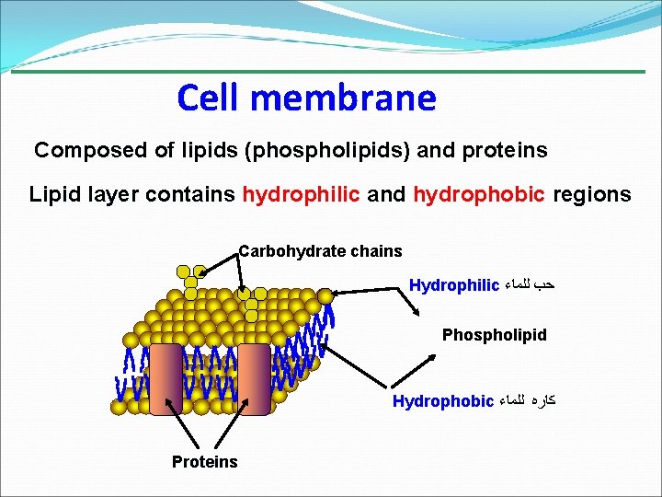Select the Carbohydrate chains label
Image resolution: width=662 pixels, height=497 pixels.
click(320, 250)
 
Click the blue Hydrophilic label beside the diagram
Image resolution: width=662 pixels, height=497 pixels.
click(453, 285)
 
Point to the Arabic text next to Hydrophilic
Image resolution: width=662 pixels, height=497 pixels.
click(531, 285)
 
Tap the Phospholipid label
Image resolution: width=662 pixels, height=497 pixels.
click(494, 335)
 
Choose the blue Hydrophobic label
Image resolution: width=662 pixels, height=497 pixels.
click(442, 401)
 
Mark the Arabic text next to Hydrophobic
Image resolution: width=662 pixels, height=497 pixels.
click(528, 401)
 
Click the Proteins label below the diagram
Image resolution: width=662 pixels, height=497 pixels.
click(204, 462)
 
